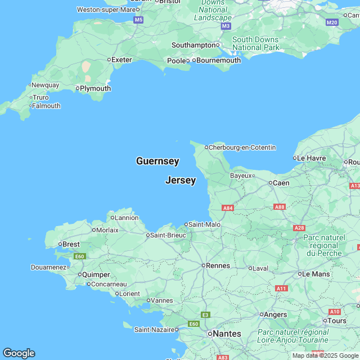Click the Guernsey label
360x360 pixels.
157,161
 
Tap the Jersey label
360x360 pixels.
181,181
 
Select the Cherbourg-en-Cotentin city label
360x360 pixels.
242,147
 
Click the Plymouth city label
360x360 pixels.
95,88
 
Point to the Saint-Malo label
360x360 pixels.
204,224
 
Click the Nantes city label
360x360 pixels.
227,334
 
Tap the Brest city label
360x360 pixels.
71,244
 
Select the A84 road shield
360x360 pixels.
228,208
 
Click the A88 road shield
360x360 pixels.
280,207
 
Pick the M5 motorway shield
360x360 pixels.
138,20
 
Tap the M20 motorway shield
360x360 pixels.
332,22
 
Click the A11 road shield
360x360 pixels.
282,288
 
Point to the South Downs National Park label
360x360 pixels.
255,43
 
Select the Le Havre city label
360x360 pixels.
311,158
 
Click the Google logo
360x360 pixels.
19,353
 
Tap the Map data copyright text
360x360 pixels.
325,355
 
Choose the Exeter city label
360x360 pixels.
121,59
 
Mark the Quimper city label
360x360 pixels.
97,274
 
